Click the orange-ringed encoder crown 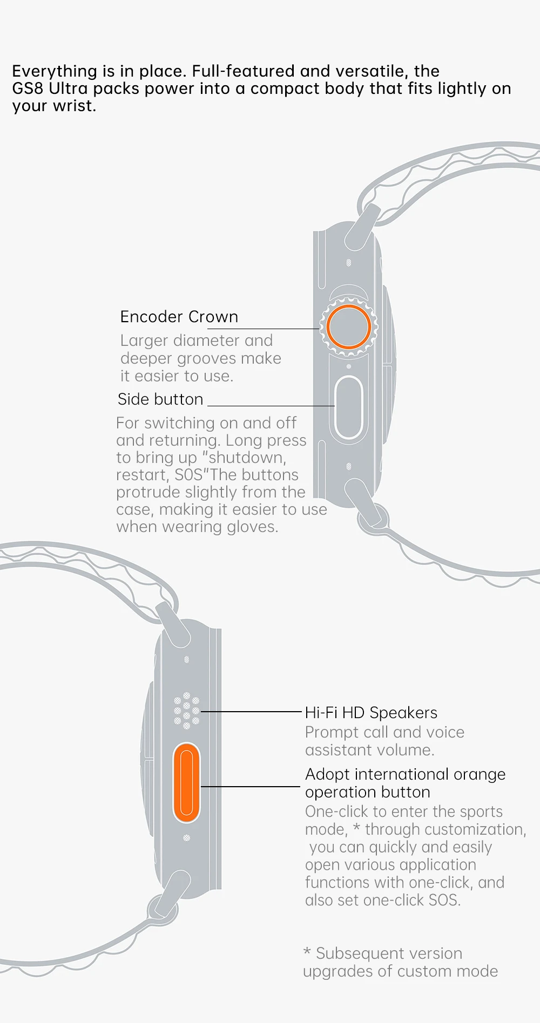click(x=348, y=326)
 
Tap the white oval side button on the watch click(x=348, y=407)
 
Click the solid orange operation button click(x=186, y=782)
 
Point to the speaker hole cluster click(x=186, y=711)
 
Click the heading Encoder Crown click(x=179, y=317)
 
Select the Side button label click(x=160, y=399)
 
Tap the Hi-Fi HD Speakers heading click(x=371, y=713)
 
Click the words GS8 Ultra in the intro click(x=50, y=88)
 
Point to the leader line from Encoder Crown click(x=278, y=329)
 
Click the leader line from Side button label click(x=270, y=406)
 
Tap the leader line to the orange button click(x=250, y=787)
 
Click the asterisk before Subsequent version click(x=307, y=952)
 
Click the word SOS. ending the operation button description click(x=444, y=900)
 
